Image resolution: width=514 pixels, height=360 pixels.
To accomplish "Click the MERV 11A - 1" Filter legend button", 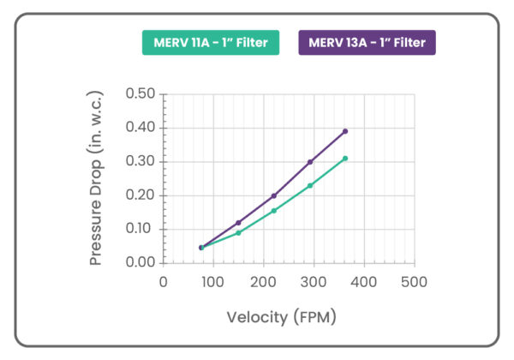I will pyautogui.click(x=210, y=43).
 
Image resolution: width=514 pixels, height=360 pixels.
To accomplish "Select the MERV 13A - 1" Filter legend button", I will pyautogui.click(x=367, y=43).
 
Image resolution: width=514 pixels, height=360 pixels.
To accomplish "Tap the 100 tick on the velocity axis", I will pyautogui.click(x=213, y=281).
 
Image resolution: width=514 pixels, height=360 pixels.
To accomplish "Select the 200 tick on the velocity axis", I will pyautogui.click(x=264, y=281).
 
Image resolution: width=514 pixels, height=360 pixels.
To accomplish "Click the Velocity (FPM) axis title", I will pyautogui.click(x=281, y=317).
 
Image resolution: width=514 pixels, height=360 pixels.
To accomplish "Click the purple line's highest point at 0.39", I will pyautogui.click(x=345, y=131).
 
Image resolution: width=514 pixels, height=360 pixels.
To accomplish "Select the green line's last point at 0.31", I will pyautogui.click(x=345, y=158).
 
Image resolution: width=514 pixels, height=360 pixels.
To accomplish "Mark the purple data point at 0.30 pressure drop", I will pyautogui.click(x=310, y=161).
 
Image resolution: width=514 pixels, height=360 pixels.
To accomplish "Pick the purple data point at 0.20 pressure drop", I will pyautogui.click(x=274, y=195).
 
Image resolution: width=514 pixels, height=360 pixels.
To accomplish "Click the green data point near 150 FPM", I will pyautogui.click(x=238, y=232).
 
